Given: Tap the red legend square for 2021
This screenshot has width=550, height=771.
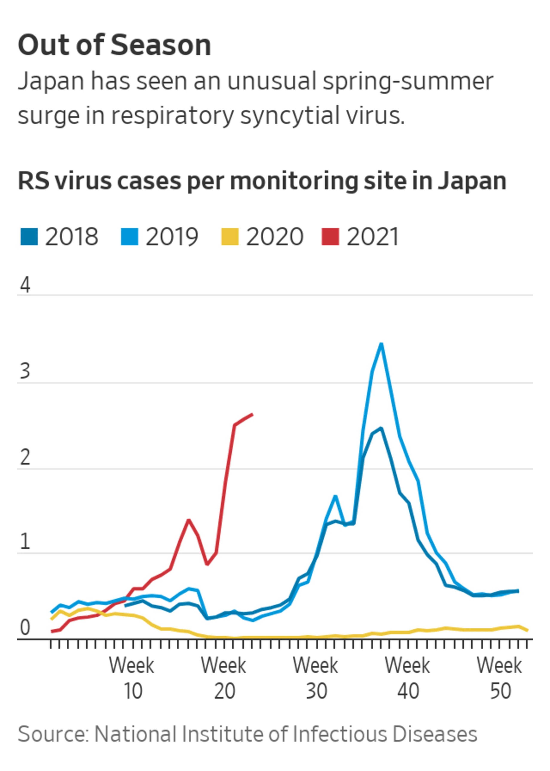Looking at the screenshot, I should (x=330, y=236).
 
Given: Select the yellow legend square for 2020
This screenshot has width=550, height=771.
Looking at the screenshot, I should (x=230, y=236).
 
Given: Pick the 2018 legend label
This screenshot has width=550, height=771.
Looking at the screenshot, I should (x=72, y=236).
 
